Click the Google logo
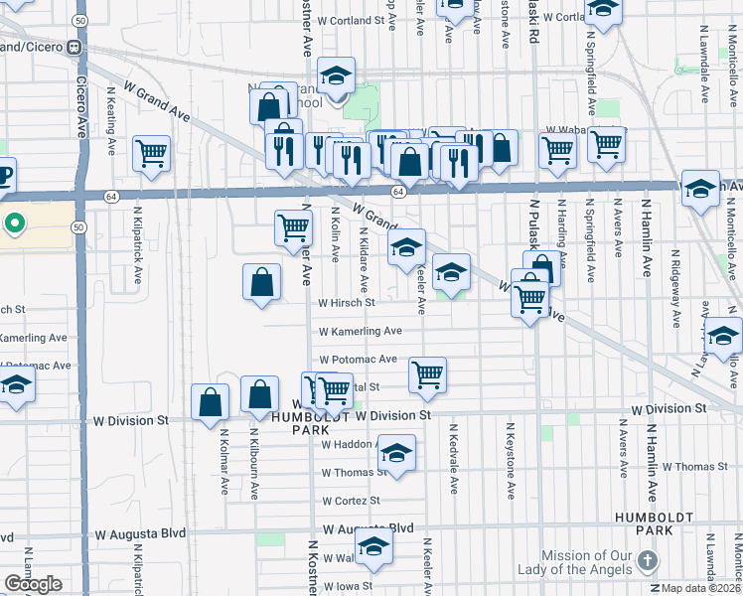click(x=32, y=584)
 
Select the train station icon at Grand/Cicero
click(x=74, y=47)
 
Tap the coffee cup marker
click(x=3, y=175)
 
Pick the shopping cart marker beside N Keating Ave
click(x=151, y=153)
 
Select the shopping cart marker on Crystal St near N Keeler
click(x=427, y=373)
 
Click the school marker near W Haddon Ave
click(x=396, y=453)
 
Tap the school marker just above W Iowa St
click(x=374, y=546)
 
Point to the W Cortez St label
click(x=353, y=501)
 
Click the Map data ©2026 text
click(x=700, y=588)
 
